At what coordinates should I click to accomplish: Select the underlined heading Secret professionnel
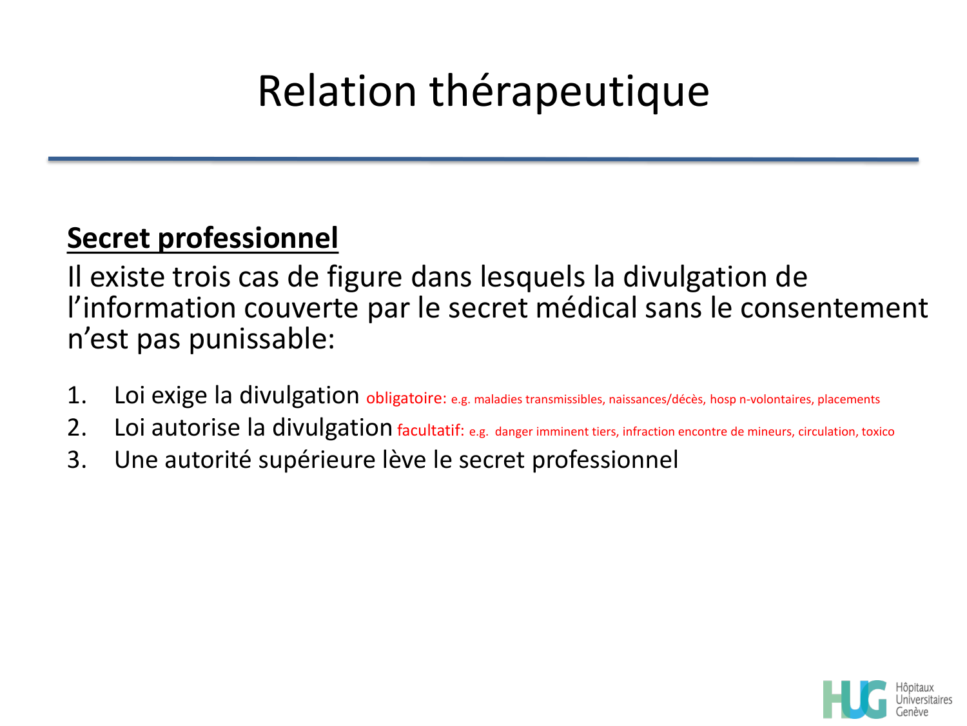tap(202, 238)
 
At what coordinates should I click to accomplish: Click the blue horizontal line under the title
tap(484, 159)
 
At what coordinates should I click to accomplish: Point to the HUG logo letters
tap(855, 699)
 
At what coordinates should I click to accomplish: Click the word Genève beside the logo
tap(912, 712)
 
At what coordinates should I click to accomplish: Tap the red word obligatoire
tap(406, 398)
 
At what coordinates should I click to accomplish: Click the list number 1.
tap(77, 396)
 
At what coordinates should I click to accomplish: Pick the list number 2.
tap(77, 428)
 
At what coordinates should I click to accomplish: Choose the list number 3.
tap(77, 460)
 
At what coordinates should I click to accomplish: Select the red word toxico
tap(878, 432)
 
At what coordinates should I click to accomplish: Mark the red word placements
tap(848, 399)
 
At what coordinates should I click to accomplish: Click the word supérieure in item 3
tap(312, 461)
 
